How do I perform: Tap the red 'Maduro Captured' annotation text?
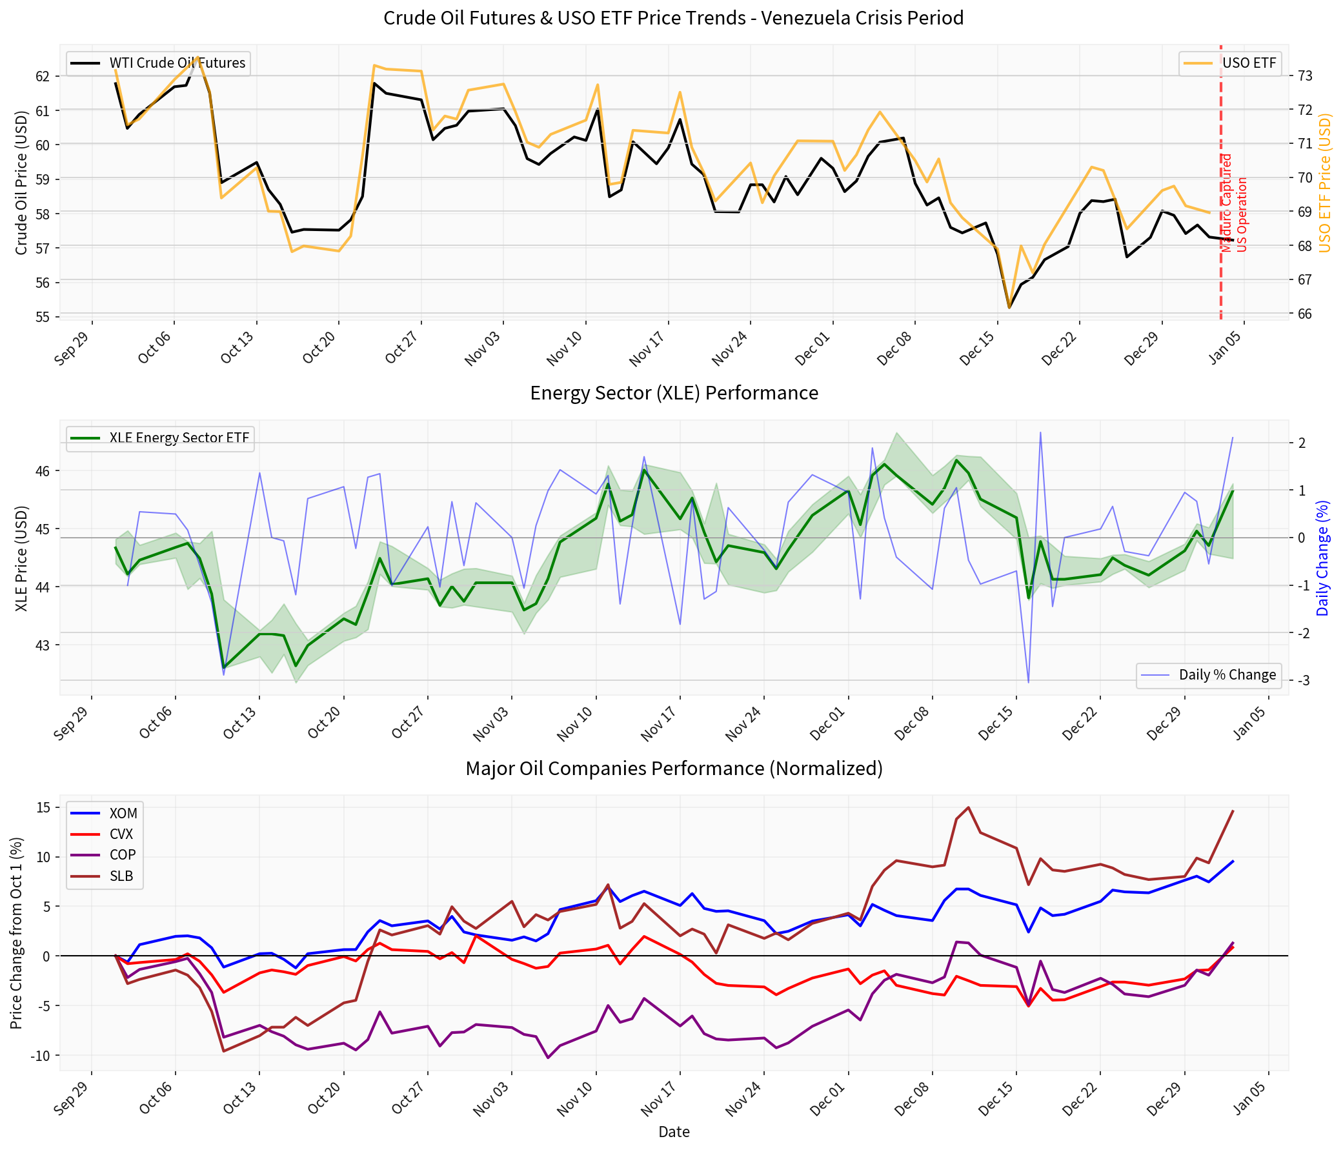[1226, 203]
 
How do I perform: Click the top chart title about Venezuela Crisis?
[674, 17]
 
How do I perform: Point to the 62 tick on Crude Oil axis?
[42, 76]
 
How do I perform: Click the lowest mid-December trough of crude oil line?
[1009, 307]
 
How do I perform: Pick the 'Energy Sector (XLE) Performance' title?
[674, 393]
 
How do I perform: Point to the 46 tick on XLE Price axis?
[42, 470]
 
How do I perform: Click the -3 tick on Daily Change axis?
[1303, 680]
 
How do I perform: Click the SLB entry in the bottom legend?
[121, 876]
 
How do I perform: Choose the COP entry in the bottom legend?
[122, 855]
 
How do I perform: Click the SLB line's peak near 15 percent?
[968, 807]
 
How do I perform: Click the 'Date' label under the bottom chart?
[674, 1132]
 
